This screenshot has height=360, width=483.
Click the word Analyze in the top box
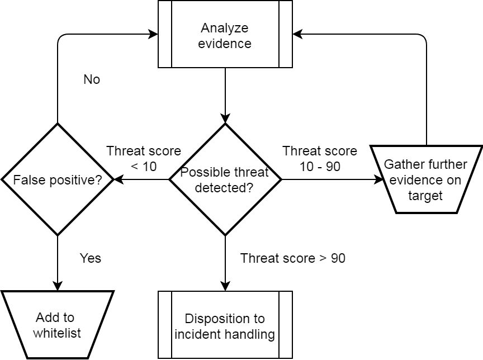(224, 28)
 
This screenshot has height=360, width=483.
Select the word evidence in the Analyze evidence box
(224, 44)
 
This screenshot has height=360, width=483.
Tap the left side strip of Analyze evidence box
(165, 34)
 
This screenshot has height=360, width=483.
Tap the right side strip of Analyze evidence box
(285, 34)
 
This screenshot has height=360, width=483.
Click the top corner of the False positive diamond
(58, 127)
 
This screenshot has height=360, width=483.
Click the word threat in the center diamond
(249, 172)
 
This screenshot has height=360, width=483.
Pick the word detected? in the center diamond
(224, 188)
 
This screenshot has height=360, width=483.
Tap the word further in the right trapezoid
(447, 165)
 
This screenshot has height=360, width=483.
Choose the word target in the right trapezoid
(425, 196)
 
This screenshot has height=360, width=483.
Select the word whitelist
(57, 333)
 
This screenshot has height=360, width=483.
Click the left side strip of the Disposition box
(165, 325)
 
